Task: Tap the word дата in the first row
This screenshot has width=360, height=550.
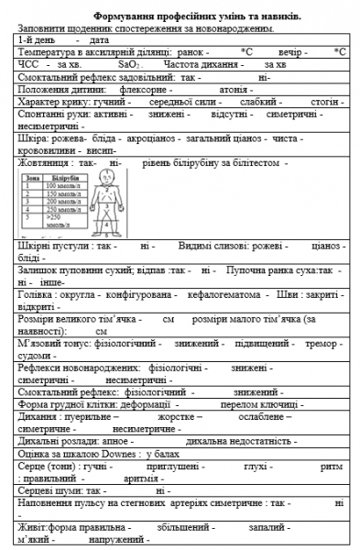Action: click(101, 41)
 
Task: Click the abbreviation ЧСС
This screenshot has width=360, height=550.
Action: click(30, 66)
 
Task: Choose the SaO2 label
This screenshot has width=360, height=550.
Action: click(128, 66)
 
